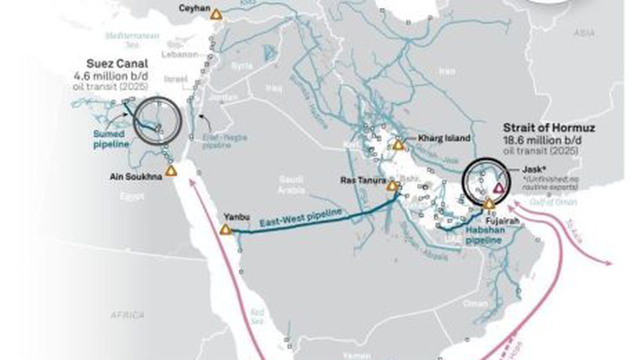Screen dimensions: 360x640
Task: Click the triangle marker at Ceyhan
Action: (216, 14)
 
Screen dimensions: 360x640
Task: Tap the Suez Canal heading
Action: (117, 64)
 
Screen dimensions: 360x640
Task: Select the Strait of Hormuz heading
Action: (549, 128)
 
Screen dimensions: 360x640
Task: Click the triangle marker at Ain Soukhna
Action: (171, 171)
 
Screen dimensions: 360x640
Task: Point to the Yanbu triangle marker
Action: (225, 230)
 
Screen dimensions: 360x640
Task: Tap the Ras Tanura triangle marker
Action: (392, 186)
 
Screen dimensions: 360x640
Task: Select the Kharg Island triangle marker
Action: (398, 145)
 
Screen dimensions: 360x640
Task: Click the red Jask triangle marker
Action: (498, 188)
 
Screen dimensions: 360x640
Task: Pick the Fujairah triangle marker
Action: (489, 204)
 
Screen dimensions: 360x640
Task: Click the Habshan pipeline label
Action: (485, 235)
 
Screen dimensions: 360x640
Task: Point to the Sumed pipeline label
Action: (111, 139)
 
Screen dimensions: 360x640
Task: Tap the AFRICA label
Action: (127, 315)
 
